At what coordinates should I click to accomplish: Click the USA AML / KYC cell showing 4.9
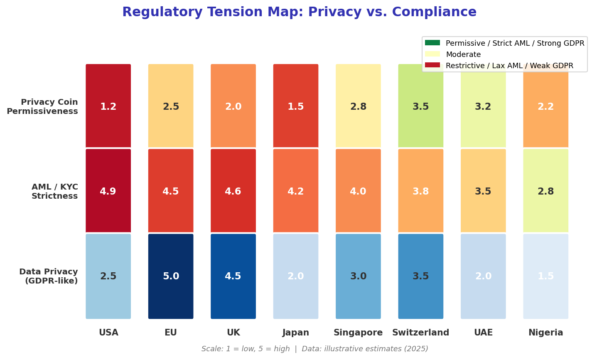pos(108,191)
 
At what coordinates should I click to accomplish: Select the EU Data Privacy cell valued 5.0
pos(171,276)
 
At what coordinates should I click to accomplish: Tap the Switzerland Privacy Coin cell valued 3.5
pos(420,106)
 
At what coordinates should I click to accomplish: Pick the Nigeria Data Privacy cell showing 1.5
pos(545,276)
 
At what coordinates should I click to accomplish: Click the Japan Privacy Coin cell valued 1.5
pos(295,106)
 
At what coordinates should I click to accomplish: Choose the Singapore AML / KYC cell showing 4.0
pos(358,191)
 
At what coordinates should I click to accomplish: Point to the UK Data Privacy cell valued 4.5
pos(233,276)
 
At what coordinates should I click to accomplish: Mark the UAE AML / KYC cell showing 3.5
pos(483,191)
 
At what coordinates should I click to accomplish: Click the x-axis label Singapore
pos(358,333)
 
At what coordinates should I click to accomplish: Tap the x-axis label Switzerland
pos(420,333)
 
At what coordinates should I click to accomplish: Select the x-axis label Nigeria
pos(545,333)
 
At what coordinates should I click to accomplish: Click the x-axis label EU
pos(171,333)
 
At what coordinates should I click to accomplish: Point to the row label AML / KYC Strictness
pos(54,191)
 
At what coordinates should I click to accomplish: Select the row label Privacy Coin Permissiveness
pos(42,106)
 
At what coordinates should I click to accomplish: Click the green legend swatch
pos(432,43)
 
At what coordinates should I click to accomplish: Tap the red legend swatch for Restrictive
pos(432,65)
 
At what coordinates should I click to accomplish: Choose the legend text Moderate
pos(463,54)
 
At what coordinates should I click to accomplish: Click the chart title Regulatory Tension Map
pos(299,12)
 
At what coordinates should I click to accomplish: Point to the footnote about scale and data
pos(314,349)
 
